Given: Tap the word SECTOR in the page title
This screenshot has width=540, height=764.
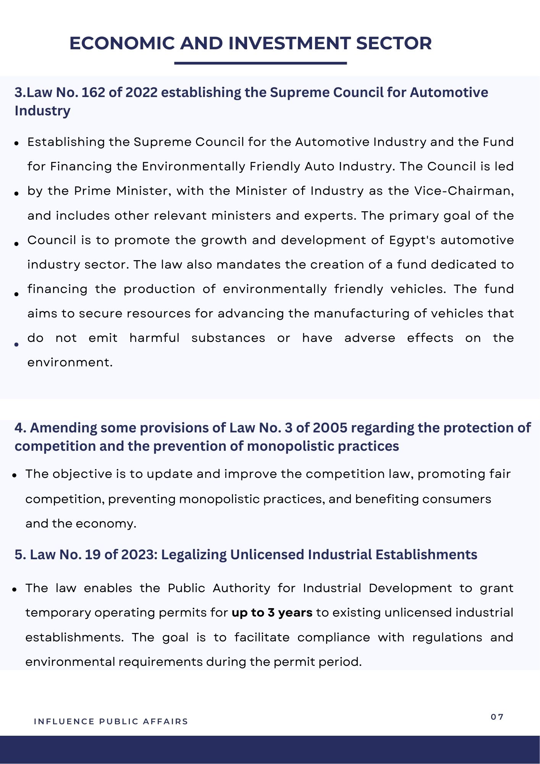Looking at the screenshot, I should (394, 43).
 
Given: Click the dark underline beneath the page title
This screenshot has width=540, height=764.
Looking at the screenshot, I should (260, 63).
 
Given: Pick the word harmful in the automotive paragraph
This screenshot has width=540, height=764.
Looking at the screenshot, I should (154, 338).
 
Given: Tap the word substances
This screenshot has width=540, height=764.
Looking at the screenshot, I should (228, 338).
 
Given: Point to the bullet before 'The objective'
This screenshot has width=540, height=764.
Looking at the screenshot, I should (15, 476).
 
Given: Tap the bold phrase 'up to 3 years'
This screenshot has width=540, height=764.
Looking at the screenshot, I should (272, 613).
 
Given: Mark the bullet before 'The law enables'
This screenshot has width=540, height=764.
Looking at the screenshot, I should (15, 590).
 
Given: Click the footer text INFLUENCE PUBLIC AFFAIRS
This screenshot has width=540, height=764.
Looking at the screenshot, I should (111, 722).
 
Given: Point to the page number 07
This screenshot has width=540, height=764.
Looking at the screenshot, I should (497, 717).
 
